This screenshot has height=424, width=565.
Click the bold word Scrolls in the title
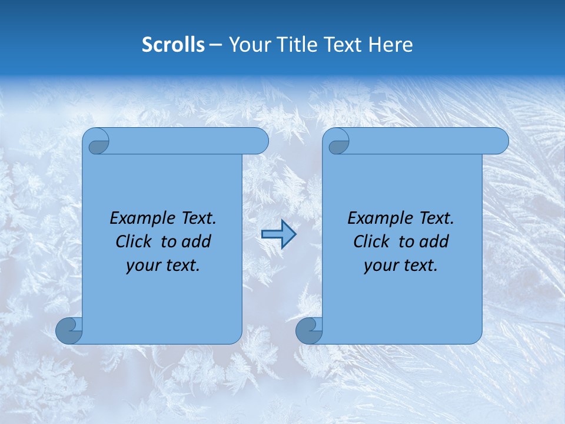click(173, 45)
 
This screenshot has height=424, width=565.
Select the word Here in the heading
click(390, 45)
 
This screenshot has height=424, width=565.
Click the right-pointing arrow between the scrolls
click(278, 234)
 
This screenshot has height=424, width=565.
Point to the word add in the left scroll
click(197, 242)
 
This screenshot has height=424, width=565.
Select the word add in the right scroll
click(435, 242)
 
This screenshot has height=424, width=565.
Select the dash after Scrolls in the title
click(216, 45)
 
